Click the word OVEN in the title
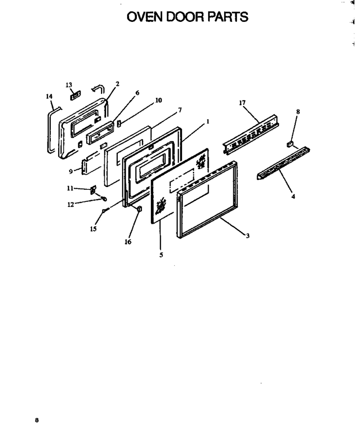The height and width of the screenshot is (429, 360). click(144, 17)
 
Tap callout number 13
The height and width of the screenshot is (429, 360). click(69, 85)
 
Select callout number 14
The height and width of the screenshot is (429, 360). click(49, 96)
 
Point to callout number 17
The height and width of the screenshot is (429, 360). click(242, 103)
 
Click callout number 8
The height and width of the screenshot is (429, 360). click(298, 112)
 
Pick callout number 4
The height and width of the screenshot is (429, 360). click(293, 196)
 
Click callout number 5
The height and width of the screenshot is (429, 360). click(161, 255)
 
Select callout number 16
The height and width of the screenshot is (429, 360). click(128, 242)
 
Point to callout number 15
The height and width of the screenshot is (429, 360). click(93, 229)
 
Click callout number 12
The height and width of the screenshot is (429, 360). click(71, 204)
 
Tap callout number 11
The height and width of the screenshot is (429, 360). click(70, 188)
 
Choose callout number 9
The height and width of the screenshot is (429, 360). click(71, 172)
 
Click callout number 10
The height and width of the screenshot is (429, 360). click(158, 101)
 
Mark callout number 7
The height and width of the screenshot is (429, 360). click(180, 110)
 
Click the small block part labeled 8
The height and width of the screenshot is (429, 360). click(290, 144)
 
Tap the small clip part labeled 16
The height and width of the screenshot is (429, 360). click(139, 209)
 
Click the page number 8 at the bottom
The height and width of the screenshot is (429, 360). click(37, 420)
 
